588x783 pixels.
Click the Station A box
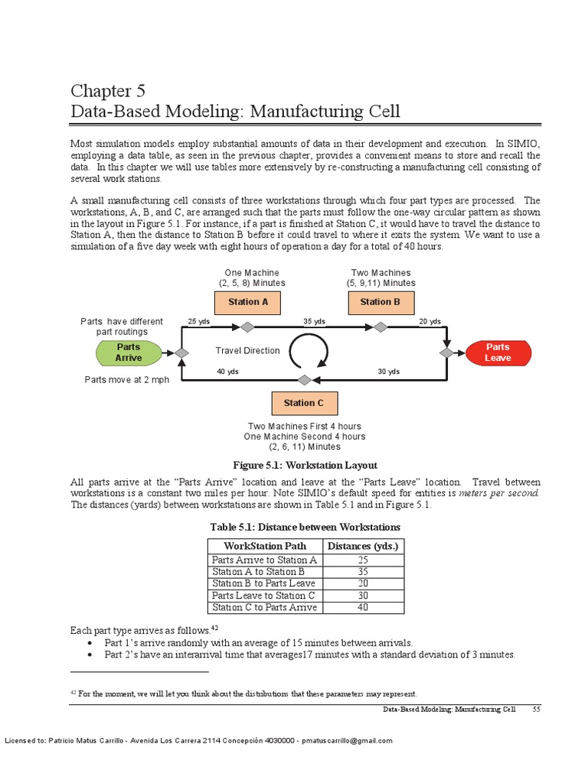click(248, 302)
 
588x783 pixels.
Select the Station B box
click(381, 302)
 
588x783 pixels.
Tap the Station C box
click(304, 403)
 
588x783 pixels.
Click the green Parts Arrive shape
click(129, 353)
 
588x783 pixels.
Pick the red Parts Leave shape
click(498, 353)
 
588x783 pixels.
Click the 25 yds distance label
click(198, 322)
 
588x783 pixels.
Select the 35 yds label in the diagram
click(315, 322)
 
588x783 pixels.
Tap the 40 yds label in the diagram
click(227, 372)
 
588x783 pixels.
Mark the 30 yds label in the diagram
click(389, 372)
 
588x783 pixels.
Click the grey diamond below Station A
click(247, 327)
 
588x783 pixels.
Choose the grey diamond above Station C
click(304, 379)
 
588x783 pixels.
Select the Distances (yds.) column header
click(362, 546)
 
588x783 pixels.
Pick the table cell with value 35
click(363, 571)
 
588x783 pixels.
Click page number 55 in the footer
click(537, 710)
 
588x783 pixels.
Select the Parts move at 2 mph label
click(126, 380)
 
